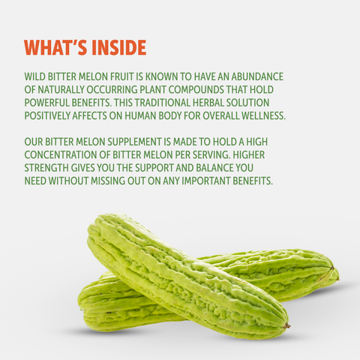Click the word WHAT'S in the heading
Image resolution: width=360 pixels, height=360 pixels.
[x=56, y=47]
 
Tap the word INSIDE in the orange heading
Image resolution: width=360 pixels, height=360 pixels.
[x=119, y=47]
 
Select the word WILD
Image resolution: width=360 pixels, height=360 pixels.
[x=34, y=76]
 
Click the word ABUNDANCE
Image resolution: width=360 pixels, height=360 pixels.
[x=257, y=76]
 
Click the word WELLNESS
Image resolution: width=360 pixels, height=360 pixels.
[x=263, y=115]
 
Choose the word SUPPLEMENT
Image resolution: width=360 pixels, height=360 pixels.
[x=134, y=142]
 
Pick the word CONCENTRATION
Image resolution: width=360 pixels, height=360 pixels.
[x=61, y=154]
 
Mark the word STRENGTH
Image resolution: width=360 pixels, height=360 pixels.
[x=46, y=168]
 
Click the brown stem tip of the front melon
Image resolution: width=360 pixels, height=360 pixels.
[x=286, y=325]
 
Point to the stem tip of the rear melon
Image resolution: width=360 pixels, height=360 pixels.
[x=332, y=268]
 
